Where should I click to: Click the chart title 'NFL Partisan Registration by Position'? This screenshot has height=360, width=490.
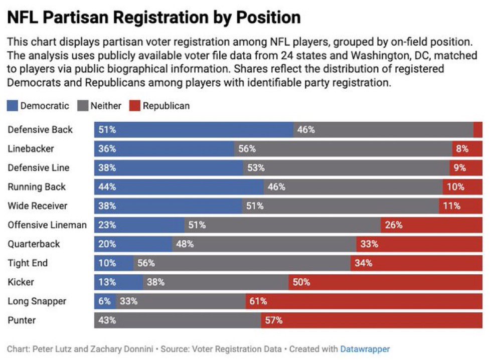point(154,18)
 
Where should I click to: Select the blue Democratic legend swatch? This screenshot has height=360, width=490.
point(13,106)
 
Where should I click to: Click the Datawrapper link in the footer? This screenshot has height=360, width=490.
point(365,349)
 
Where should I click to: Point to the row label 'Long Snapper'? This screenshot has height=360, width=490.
point(37,301)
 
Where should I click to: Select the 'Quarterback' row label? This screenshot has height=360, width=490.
point(34,244)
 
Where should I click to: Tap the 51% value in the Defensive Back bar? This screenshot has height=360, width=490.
point(107,130)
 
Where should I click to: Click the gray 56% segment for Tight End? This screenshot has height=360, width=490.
point(242,263)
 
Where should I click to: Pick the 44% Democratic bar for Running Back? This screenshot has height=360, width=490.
point(179,187)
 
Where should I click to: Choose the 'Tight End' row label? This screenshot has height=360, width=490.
point(28,263)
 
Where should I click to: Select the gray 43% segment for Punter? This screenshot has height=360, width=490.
point(178,320)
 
